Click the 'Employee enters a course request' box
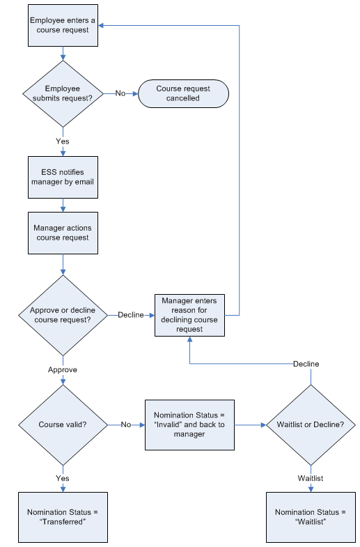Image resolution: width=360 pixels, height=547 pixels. coord(63,25)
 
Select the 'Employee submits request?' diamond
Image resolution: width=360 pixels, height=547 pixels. coord(63,93)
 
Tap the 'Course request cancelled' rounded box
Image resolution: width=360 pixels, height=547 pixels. coord(183,93)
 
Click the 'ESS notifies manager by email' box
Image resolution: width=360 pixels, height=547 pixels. coord(63,177)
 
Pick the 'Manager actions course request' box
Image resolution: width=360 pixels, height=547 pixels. coord(63,233)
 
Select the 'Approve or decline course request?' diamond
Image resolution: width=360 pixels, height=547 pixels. coord(63,315)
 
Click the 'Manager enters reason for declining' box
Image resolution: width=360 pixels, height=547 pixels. coord(189,315)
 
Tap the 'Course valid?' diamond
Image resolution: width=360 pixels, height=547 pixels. coord(63,424)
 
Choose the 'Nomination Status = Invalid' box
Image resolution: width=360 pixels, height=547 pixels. coord(189,424)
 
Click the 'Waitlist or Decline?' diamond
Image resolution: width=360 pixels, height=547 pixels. coord(311,424)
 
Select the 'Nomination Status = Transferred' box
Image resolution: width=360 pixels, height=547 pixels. coord(63,516)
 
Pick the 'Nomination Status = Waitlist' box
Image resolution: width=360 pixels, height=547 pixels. coord(311,516)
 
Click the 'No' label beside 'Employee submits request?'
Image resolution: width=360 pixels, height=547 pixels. coord(120,93)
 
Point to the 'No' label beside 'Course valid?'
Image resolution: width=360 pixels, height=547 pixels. coord(125,424)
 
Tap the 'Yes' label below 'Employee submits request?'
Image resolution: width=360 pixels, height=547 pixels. coord(63,141)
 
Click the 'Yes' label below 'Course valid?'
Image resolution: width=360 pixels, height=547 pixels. coord(63,478)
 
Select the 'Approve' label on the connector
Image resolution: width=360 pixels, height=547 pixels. coord(63,369)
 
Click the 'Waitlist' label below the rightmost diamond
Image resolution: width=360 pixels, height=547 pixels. coord(311,478)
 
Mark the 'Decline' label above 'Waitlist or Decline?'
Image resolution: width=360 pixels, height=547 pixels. coord(306,364)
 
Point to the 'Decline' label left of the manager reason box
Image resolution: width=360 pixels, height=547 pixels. coord(130,315)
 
